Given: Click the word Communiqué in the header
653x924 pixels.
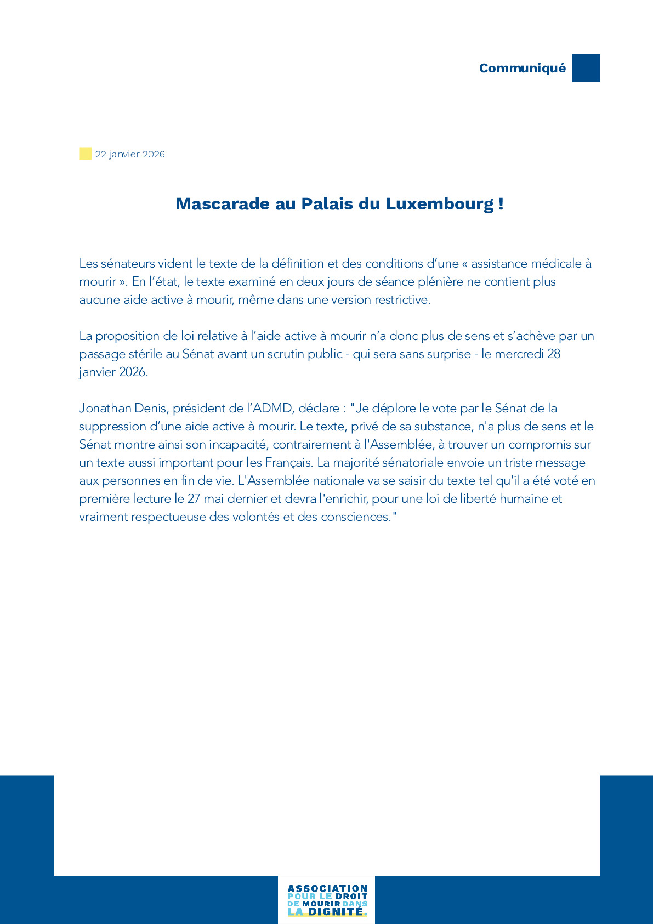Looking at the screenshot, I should click(x=522, y=68).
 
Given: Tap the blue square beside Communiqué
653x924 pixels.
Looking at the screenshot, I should click(x=586, y=68).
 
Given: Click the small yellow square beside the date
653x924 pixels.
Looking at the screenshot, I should click(x=85, y=154).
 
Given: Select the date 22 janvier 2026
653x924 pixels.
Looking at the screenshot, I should click(x=130, y=154).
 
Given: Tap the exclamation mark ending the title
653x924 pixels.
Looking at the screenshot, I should click(x=501, y=204).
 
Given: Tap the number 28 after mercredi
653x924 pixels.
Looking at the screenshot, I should click(x=554, y=354).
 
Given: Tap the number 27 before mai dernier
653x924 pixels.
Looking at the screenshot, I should click(x=194, y=498).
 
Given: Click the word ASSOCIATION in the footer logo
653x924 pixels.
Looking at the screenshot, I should click(x=327, y=888).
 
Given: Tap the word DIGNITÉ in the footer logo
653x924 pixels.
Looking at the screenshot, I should click(x=336, y=912).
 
